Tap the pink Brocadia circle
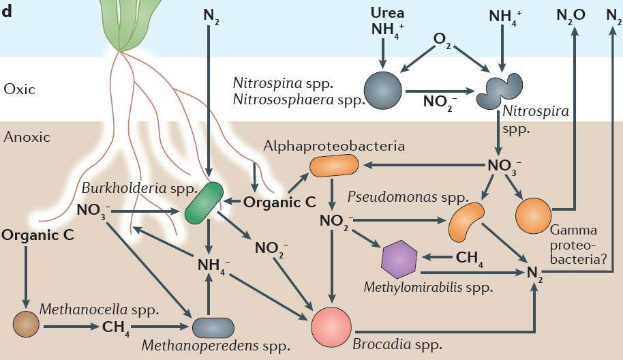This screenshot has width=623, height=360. coord(331,326)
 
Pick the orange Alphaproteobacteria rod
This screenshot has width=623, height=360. coord(333,166)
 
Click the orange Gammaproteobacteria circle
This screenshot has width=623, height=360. coord(533,215)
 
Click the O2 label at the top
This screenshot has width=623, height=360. coord(443,41)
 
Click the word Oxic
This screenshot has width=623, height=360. coord(18,89)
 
